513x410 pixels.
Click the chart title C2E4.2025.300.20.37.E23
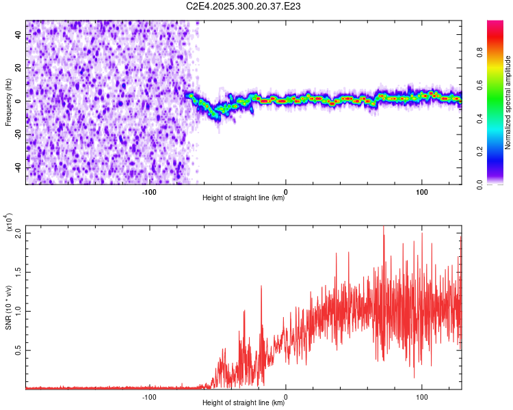point(244,6)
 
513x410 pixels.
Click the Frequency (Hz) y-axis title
point(8,102)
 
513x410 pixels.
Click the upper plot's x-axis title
point(244,198)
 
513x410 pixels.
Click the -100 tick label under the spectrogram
point(149,192)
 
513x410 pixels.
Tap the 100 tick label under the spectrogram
point(422,192)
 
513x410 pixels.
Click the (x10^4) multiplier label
point(8,223)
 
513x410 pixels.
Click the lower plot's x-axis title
point(244,403)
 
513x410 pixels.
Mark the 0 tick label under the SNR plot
point(286,396)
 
